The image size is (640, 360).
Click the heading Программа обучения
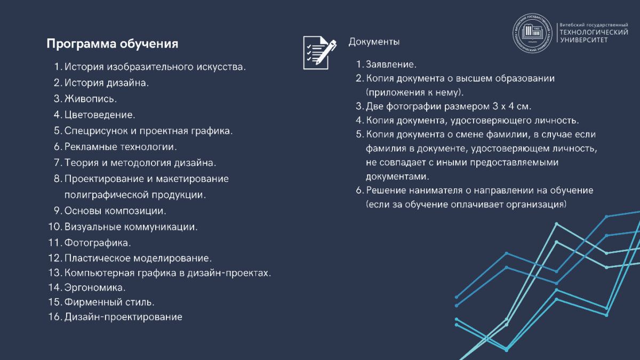112,44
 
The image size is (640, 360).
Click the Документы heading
374,42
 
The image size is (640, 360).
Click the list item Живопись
90,99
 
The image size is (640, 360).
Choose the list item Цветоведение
99,115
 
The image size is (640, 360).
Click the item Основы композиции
115,210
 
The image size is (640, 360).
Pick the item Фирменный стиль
109,302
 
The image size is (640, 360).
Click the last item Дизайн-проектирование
123,317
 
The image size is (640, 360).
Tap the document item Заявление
390,65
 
